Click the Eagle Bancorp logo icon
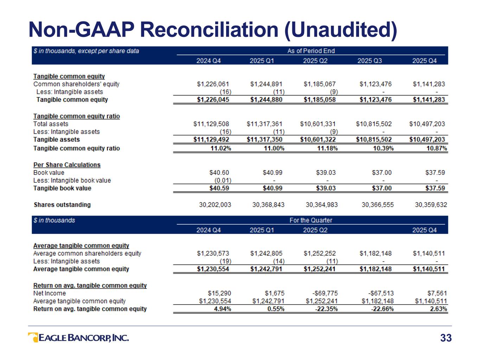click(x=33, y=337)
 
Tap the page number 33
click(x=446, y=338)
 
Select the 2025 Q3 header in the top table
click(x=370, y=61)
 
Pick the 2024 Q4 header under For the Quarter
click(x=209, y=230)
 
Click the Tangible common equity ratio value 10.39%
click(x=383, y=148)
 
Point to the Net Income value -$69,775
click(x=325, y=293)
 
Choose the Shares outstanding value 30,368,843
click(x=268, y=205)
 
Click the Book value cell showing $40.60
click(x=219, y=173)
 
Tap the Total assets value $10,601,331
click(x=318, y=124)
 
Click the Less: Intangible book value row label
click(x=72, y=180)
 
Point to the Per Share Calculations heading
click(x=67, y=165)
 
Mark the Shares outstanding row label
click(x=62, y=205)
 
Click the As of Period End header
click(x=311, y=51)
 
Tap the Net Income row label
click(x=50, y=293)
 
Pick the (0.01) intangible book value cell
click(x=223, y=180)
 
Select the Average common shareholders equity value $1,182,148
click(x=375, y=253)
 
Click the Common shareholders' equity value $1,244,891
click(x=266, y=84)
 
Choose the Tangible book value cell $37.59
click(x=435, y=188)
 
